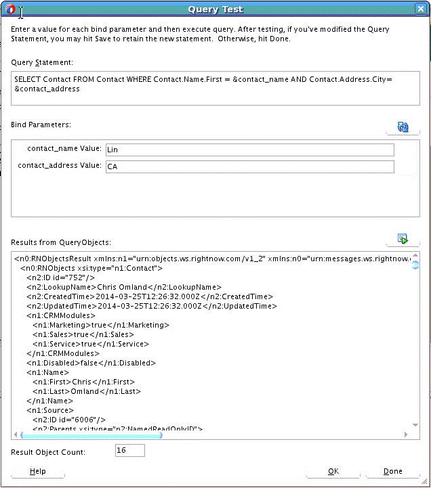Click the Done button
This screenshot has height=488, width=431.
[392, 471]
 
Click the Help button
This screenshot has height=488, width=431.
[38, 471]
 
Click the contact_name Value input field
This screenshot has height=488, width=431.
[249, 150]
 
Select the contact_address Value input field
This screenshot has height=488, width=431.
[249, 166]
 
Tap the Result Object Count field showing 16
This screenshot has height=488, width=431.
[129, 451]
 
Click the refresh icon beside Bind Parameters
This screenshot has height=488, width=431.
[403, 127]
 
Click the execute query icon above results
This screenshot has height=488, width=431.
[403, 239]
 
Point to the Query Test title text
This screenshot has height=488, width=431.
[215, 9]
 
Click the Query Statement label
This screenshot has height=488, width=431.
[42, 62]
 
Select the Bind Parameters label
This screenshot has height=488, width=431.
[41, 125]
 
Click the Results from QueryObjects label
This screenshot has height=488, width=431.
[61, 242]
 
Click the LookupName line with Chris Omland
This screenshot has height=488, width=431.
[123, 287]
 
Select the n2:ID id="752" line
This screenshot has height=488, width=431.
[60, 278]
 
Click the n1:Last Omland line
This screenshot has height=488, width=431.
[85, 391]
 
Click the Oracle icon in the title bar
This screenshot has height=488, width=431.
[10, 9]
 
